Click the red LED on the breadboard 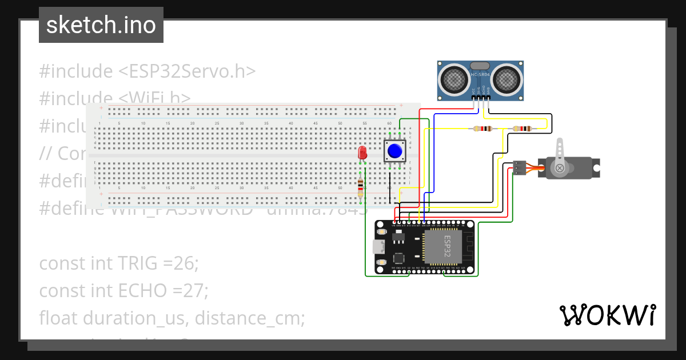[x=362, y=153]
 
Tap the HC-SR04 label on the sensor [x=481, y=74]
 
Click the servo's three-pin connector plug [x=519, y=167]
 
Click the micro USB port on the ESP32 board [x=377, y=247]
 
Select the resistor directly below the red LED [x=360, y=187]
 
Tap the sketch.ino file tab [x=101, y=25]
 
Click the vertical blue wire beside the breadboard [x=434, y=160]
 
